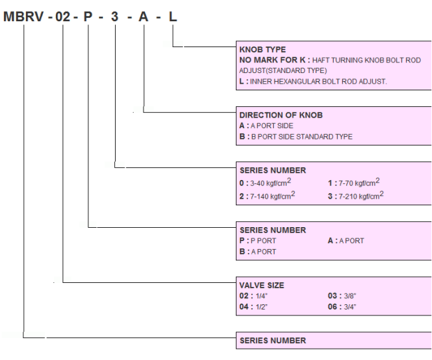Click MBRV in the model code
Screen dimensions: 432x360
click(x=23, y=17)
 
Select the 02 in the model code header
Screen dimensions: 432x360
click(x=63, y=17)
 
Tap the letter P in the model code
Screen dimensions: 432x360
click(x=88, y=17)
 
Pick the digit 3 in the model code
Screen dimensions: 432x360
click(x=114, y=17)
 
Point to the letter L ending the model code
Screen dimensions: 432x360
click(x=173, y=17)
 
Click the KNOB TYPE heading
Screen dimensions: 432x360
click(x=263, y=50)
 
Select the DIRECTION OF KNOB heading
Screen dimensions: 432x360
click(x=281, y=115)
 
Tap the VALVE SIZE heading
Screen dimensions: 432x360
click(x=262, y=286)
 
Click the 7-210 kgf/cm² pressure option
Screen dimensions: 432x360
click(x=361, y=195)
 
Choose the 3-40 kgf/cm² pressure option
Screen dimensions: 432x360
click(x=270, y=182)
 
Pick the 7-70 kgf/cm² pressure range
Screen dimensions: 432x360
click(x=359, y=182)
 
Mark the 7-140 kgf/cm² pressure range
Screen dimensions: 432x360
click(x=272, y=195)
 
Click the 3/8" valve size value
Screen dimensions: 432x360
click(x=350, y=296)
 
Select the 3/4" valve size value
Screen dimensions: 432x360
click(x=350, y=307)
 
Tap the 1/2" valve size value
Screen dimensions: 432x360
click(x=261, y=307)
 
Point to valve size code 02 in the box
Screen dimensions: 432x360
click(x=244, y=296)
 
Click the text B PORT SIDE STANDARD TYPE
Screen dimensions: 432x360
click(x=302, y=137)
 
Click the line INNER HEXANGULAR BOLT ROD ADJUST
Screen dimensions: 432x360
click(x=318, y=82)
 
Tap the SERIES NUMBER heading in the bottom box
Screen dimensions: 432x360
click(x=272, y=341)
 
